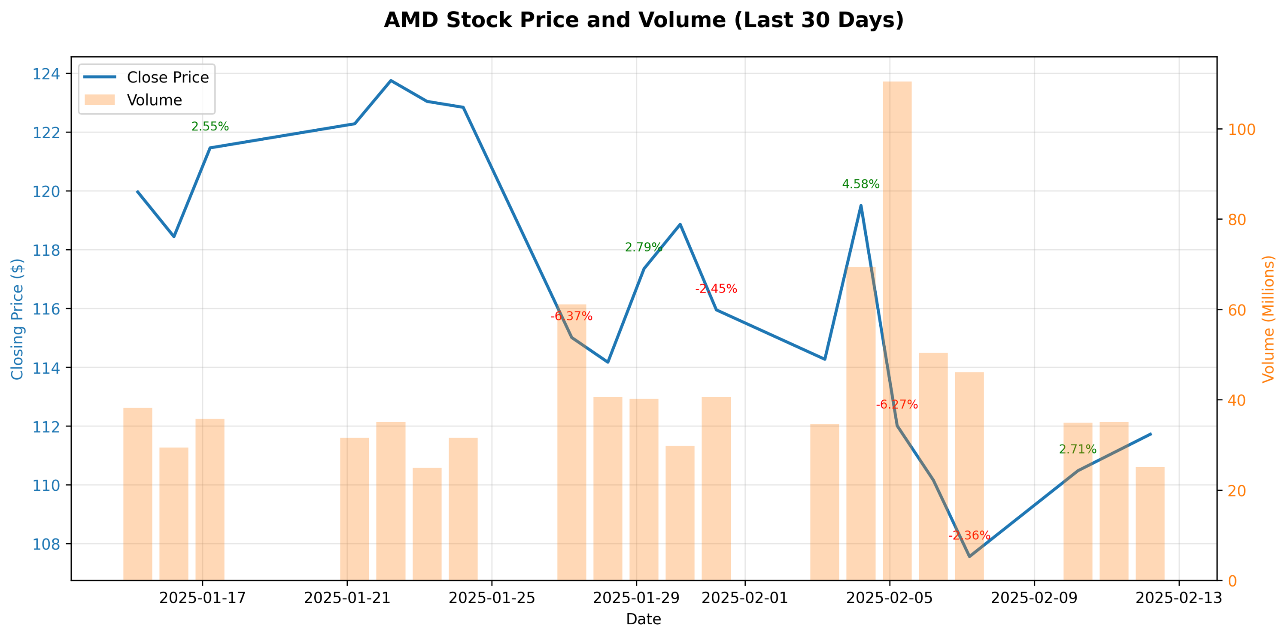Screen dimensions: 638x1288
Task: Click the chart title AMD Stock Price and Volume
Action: [644, 21]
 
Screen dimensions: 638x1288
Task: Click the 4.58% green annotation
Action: [860, 184]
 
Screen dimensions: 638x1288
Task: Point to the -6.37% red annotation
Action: [571, 316]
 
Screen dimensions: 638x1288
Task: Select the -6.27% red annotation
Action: [896, 405]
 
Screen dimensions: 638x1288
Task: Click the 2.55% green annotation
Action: [210, 127]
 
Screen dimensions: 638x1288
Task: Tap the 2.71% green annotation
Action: [1078, 449]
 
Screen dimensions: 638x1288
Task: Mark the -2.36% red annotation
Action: [969, 535]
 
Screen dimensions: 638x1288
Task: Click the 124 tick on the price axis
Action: [46, 74]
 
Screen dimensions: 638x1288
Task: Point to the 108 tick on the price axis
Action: [46, 544]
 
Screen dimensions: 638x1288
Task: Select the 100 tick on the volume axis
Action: [1242, 130]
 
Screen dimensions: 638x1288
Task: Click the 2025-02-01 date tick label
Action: [744, 598]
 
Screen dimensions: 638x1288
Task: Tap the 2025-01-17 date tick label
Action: [203, 598]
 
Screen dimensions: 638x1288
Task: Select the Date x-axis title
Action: [644, 620]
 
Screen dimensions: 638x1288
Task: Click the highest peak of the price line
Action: [391, 80]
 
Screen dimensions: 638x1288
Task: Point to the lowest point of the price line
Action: [969, 556]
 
